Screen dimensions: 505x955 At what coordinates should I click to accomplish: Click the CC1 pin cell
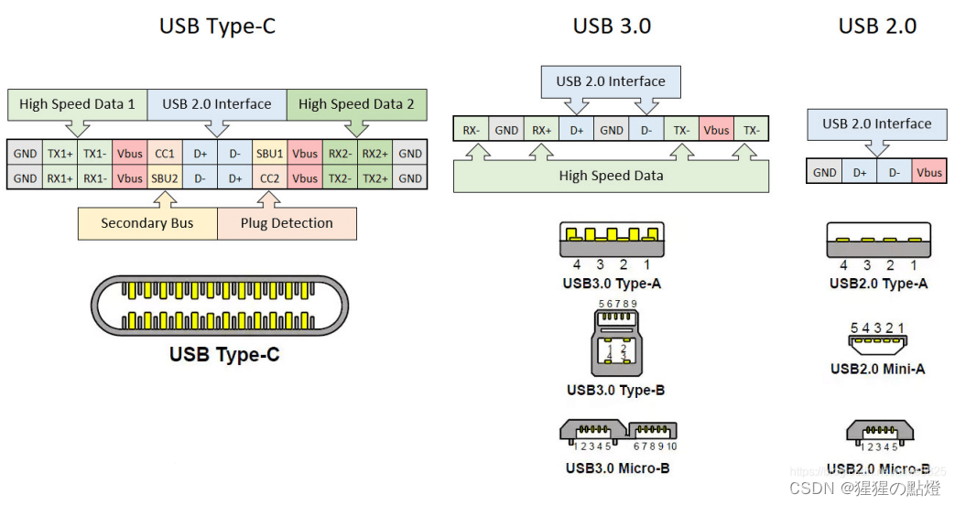[x=165, y=154]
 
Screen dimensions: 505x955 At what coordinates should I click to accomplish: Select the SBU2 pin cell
[x=165, y=178]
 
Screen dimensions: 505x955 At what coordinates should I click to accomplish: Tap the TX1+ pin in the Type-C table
[x=60, y=154]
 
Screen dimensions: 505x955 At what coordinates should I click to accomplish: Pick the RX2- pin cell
[x=341, y=154]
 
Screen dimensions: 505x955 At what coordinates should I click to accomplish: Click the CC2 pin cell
[x=270, y=178]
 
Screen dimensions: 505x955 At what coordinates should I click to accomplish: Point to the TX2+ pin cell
[x=375, y=178]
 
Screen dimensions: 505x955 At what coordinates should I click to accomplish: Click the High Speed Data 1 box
[x=77, y=104]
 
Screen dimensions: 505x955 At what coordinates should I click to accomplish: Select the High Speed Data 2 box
[x=356, y=104]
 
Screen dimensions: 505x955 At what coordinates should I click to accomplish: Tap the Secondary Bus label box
[x=147, y=223]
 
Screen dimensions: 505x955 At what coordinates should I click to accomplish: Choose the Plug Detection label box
[x=287, y=223]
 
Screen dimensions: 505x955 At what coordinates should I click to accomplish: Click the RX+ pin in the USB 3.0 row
[x=542, y=130]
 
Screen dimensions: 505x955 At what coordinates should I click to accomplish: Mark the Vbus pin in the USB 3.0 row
[x=717, y=130]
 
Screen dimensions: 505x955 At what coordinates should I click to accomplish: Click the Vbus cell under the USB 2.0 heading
[x=929, y=172]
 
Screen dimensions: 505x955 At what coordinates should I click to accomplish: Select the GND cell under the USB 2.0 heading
[x=824, y=172]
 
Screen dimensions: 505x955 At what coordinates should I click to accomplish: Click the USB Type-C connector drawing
[x=220, y=306]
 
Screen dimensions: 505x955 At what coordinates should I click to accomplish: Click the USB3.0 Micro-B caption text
[x=617, y=468]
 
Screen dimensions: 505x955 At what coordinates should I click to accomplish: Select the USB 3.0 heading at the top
[x=612, y=27]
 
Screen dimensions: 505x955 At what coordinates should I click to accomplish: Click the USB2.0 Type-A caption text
[x=878, y=284]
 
